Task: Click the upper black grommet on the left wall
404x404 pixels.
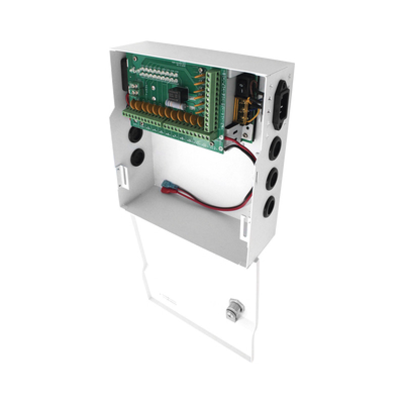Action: [x=134, y=135]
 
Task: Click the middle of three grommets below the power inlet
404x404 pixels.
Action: [x=273, y=178]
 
